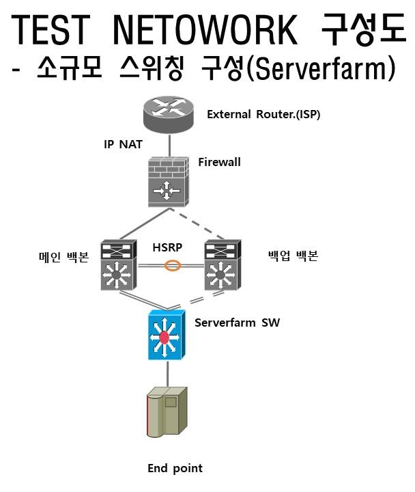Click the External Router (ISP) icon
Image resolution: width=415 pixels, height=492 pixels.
click(168, 114)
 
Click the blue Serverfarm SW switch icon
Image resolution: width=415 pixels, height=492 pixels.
click(166, 334)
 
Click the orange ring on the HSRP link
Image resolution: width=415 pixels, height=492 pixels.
click(173, 266)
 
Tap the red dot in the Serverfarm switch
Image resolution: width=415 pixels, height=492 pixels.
click(164, 337)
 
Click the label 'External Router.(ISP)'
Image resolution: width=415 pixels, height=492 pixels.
click(263, 114)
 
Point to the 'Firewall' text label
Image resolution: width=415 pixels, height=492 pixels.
click(219, 162)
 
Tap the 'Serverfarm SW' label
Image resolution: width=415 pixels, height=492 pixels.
click(237, 321)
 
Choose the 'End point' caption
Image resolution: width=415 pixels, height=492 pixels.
click(175, 468)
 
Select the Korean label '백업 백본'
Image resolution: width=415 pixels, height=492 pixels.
click(293, 257)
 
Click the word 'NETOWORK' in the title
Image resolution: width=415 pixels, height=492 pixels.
click(203, 30)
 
